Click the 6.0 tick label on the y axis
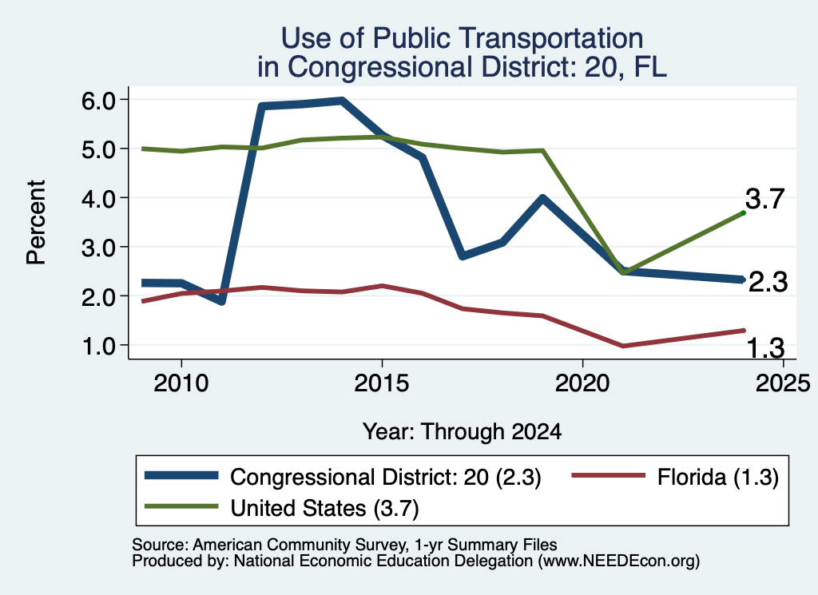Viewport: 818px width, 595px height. tap(98, 100)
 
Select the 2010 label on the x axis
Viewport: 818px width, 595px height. tap(181, 384)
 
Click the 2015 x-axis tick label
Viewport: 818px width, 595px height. tap(382, 384)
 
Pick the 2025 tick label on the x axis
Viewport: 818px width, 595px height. tap(783, 384)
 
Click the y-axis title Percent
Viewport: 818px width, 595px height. tap(36, 223)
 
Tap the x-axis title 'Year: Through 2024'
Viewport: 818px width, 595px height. tap(463, 432)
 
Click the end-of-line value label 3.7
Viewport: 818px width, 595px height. tap(764, 199)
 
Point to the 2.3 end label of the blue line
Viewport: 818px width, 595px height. tap(768, 283)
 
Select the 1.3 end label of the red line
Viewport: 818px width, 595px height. tap(766, 348)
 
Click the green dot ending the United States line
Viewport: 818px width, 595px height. tap(743, 212)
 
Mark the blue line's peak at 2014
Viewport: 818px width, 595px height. tap(342, 101)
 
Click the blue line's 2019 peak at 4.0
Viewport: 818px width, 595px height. tap(542, 198)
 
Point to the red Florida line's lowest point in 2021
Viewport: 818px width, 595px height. tap(622, 346)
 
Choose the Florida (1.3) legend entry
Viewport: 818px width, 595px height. tap(675, 477)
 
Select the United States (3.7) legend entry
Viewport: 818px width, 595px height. tap(282, 508)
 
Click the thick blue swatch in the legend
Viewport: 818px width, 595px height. tap(181, 475)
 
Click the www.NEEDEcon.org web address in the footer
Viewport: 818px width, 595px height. tap(618, 561)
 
